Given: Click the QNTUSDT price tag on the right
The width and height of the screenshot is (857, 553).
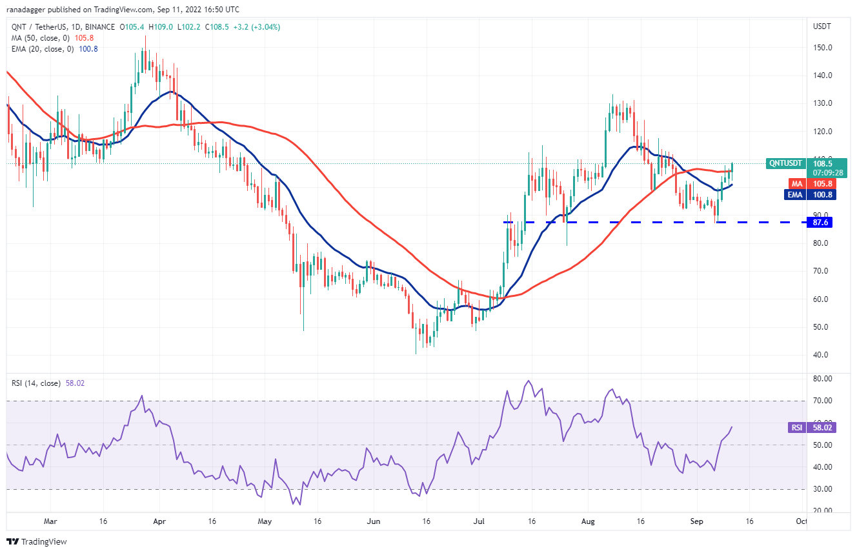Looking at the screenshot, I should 785,163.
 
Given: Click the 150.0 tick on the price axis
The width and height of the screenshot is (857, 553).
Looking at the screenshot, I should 821,48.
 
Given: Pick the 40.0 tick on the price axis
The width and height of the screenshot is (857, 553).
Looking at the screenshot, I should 821,355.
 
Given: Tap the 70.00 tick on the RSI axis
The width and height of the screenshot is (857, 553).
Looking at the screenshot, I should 823,401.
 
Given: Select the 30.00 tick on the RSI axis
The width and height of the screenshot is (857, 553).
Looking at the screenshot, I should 823,489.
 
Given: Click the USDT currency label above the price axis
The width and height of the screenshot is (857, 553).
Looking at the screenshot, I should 822,26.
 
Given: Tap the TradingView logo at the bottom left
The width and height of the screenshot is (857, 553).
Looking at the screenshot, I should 37,542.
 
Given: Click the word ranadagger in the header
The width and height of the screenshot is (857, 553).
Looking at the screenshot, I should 31,10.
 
